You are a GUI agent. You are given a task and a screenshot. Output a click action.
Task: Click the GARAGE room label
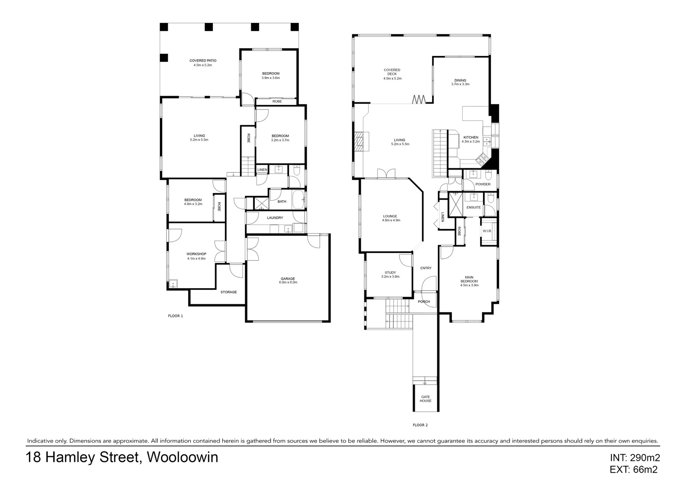pos(288,279)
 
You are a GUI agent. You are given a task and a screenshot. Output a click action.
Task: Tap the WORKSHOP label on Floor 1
pos(196,254)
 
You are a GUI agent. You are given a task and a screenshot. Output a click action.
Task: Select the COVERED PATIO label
pos(202,60)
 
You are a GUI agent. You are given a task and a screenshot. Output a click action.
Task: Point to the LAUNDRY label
pos(275,218)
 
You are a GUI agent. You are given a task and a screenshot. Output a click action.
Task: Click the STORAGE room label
pos(229,292)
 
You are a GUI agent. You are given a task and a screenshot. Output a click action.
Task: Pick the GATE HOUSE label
pos(425,399)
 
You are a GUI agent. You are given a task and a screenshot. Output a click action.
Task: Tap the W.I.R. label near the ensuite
pos(487,231)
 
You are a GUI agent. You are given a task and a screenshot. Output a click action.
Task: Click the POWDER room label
pos(483,184)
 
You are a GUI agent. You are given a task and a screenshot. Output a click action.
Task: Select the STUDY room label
pos(390,273)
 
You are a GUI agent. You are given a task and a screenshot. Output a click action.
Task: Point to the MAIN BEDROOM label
pos(469,279)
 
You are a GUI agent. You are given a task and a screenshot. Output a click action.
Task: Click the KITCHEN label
pos(471,138)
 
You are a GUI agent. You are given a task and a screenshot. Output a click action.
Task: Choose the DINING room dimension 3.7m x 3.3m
pos(460,84)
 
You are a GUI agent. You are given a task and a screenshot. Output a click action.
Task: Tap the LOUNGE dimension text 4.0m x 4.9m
pos(391,221)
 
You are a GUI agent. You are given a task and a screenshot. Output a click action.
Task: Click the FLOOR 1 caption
pos(175,316)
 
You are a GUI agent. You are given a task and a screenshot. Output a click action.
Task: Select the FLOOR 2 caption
pos(420,425)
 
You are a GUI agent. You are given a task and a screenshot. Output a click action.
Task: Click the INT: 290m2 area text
pos(634,458)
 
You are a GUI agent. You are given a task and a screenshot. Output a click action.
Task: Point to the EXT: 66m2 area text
pos(633,470)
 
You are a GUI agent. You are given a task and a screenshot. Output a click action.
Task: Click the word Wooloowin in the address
pos(183,457)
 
